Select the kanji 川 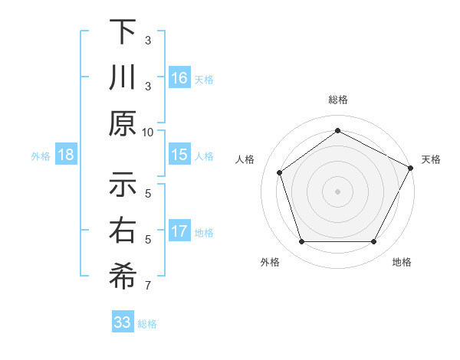[123, 78]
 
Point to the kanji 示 [123, 185]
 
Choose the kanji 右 [123, 231]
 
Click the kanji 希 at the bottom [123, 277]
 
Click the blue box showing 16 [179, 78]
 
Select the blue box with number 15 [179, 155]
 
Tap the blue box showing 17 [179, 231]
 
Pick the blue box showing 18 [66, 155]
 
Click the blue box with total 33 [122, 322]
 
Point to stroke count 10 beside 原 [148, 131]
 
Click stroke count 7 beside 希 [148, 286]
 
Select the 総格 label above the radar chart [337, 100]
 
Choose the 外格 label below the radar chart [270, 262]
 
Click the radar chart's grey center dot [337, 191]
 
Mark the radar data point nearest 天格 [412, 167]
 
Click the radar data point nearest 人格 [280, 172]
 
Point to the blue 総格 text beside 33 [147, 324]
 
